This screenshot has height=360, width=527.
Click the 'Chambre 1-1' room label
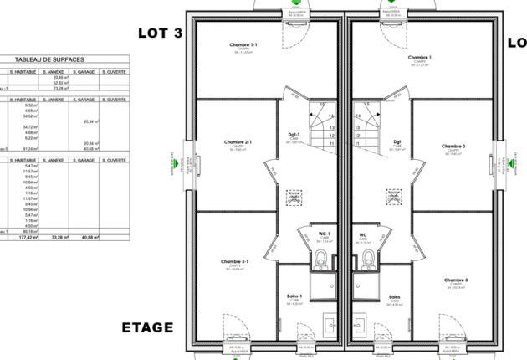[243, 44]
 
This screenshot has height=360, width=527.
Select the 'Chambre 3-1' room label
[235, 261]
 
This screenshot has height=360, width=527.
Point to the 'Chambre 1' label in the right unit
[419, 58]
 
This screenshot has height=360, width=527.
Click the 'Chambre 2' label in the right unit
[453, 147]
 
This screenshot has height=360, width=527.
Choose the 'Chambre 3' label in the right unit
[455, 280]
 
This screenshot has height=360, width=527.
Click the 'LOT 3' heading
[159, 33]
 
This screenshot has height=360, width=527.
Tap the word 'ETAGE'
[147, 327]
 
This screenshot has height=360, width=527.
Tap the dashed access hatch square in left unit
[294, 197]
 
